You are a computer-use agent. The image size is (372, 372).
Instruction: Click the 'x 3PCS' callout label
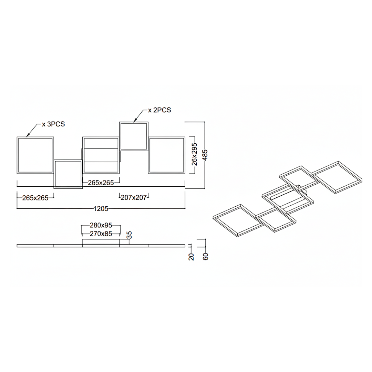tap(53, 124)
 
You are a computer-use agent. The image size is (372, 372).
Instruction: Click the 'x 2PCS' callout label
tap(159, 110)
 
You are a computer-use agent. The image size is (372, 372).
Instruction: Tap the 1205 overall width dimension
tap(101, 208)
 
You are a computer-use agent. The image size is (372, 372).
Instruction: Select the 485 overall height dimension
tap(205, 155)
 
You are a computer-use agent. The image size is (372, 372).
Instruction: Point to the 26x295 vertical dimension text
tap(194, 154)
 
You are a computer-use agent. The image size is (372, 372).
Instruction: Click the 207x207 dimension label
tap(134, 197)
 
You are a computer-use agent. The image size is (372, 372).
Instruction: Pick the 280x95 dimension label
tap(101, 225)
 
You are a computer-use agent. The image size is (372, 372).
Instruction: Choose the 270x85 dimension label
tap(101, 234)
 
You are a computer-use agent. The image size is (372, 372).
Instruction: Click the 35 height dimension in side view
tap(129, 235)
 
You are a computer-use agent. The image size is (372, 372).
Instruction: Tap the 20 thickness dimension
tap(191, 257)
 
